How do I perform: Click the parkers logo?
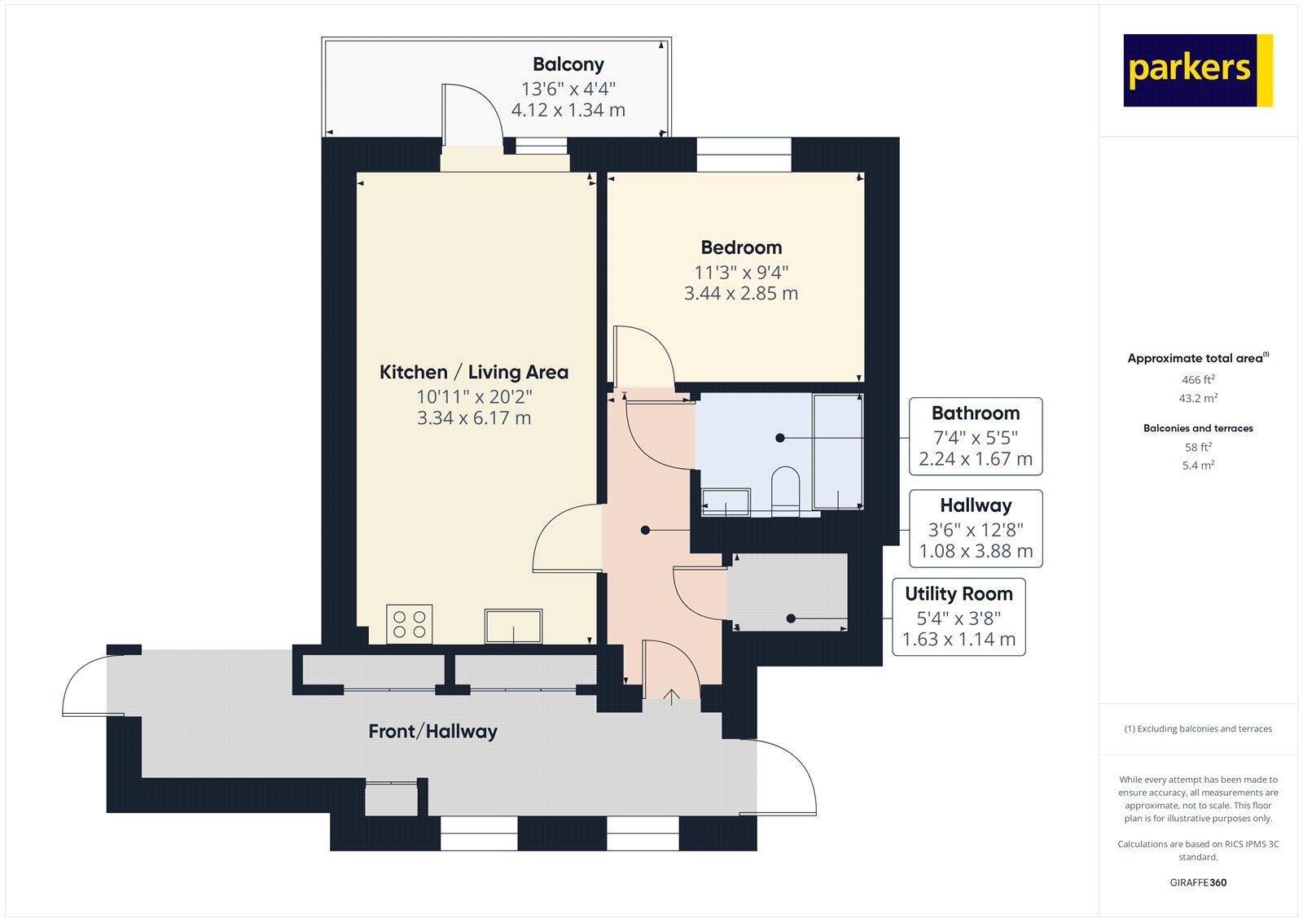1197,70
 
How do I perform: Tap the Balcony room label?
568,64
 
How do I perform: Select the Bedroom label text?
741,247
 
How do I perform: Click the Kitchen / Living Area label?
474,373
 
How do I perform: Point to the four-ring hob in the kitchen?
410,624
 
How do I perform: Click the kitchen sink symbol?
513,625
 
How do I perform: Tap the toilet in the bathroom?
786,488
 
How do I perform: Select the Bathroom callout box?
975,436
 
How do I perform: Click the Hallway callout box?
975,528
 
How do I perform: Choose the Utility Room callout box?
959,616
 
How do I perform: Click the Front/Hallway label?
432,732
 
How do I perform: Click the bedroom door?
643,355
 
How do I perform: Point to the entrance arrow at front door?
672,696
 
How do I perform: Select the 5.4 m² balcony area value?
1198,466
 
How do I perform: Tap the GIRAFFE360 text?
1198,882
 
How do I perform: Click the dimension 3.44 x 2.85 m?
741,294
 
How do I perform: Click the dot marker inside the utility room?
791,619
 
